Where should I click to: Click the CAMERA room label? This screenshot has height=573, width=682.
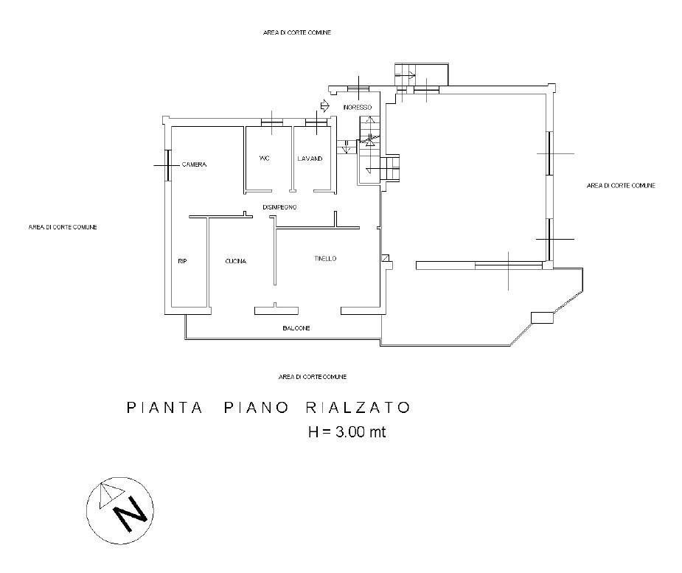click(194, 164)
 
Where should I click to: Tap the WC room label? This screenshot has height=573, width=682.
click(264, 158)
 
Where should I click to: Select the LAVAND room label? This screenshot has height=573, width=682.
click(310, 159)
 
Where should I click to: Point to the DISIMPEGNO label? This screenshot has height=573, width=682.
click(279, 207)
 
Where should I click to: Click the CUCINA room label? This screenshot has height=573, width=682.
click(236, 261)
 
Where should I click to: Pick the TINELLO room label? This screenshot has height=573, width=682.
click(325, 258)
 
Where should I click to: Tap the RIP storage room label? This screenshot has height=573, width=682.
click(182, 261)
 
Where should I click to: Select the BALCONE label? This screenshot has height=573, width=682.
click(296, 328)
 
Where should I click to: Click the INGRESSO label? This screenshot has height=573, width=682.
click(358, 107)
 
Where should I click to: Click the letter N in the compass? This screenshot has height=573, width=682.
click(130, 514)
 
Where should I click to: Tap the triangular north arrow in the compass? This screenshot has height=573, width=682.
click(111, 495)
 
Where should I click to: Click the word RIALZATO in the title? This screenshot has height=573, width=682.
click(358, 408)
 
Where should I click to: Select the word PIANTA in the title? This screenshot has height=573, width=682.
click(164, 408)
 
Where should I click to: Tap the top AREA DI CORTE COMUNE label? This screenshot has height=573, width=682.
click(297, 32)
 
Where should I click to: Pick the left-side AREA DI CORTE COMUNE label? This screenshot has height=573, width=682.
click(63, 227)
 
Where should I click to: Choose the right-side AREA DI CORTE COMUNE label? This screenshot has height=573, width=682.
click(621, 185)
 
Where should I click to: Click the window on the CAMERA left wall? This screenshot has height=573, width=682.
click(168, 165)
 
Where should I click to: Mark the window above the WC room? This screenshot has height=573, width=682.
click(272, 123)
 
